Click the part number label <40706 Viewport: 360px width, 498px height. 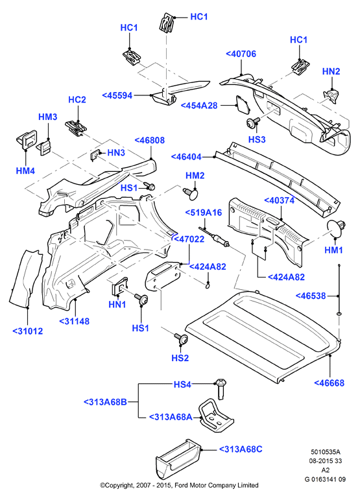pos(241,54)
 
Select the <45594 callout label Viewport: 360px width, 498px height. pos(117,95)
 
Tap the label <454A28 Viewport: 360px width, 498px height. pos(199,106)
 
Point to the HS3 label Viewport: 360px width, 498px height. pos(257,139)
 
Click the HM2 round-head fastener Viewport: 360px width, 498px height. pos(191,193)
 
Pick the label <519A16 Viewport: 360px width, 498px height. pos(204,213)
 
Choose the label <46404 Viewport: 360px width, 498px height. pos(186,157)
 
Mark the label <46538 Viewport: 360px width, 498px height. pos(311,296)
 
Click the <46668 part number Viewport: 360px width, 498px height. pos(329,383)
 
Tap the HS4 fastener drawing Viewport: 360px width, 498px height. pos(221,388)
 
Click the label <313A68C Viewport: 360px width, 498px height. pos(241,449)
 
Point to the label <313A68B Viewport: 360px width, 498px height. pos(105,402)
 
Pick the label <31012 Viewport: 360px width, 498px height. pos(28,331)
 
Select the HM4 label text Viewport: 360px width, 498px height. pos(25,171)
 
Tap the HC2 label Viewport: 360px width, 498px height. pos(77,100)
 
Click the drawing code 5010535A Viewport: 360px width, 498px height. pos(325,451)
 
